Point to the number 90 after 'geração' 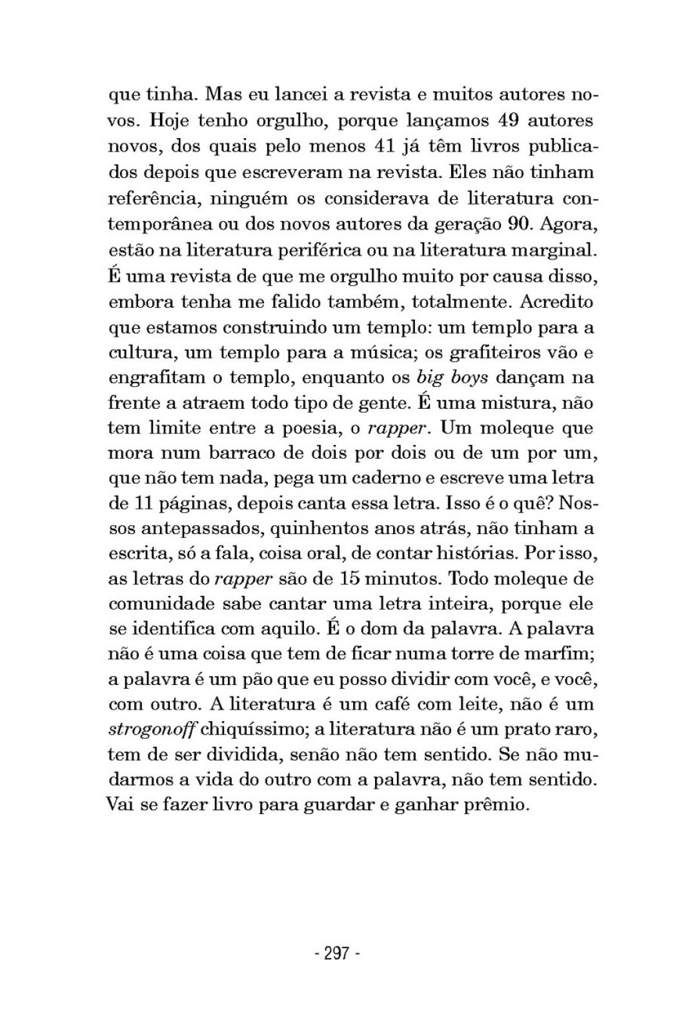click(x=518, y=223)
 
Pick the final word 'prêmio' click(x=496, y=806)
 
